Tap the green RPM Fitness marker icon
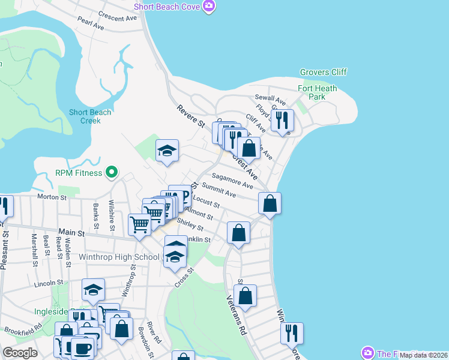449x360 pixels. (x=111, y=173)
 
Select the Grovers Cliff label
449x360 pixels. (x=324, y=73)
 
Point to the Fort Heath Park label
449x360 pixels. (x=318, y=92)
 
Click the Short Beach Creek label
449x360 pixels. (x=90, y=116)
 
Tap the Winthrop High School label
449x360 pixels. (x=119, y=257)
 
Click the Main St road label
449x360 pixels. (x=70, y=232)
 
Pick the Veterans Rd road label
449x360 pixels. (x=237, y=316)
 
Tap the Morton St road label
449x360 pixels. (x=52, y=197)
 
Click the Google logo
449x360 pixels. (x=20, y=353)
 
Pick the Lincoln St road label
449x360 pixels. (x=49, y=283)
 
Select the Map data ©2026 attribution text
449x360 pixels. (x=423, y=355)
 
